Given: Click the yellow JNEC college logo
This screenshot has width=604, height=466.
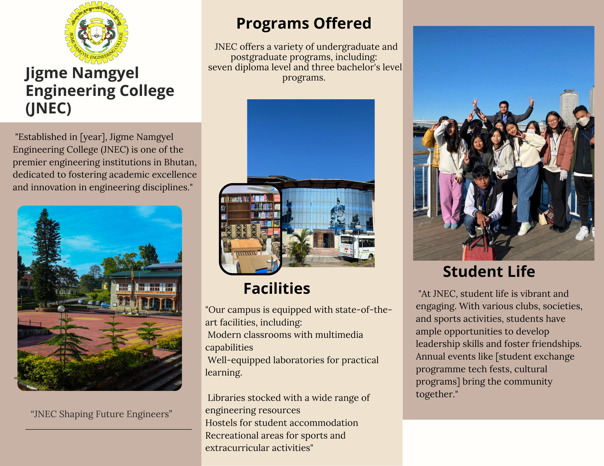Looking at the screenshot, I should [96, 32].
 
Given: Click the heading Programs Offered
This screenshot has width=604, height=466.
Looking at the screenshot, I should [304, 24].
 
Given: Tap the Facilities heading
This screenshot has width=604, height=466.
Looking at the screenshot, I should [277, 288].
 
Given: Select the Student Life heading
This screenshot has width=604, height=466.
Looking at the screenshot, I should [489, 271].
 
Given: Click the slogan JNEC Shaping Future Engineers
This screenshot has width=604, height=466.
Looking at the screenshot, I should [101, 414].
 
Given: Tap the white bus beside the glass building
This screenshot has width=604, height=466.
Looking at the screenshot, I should [356, 247].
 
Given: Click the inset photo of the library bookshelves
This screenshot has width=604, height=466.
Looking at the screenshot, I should [250, 229].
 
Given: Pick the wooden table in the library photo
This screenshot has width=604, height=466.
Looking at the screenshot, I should [246, 245].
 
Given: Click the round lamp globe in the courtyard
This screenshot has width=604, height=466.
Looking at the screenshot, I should [61, 309].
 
